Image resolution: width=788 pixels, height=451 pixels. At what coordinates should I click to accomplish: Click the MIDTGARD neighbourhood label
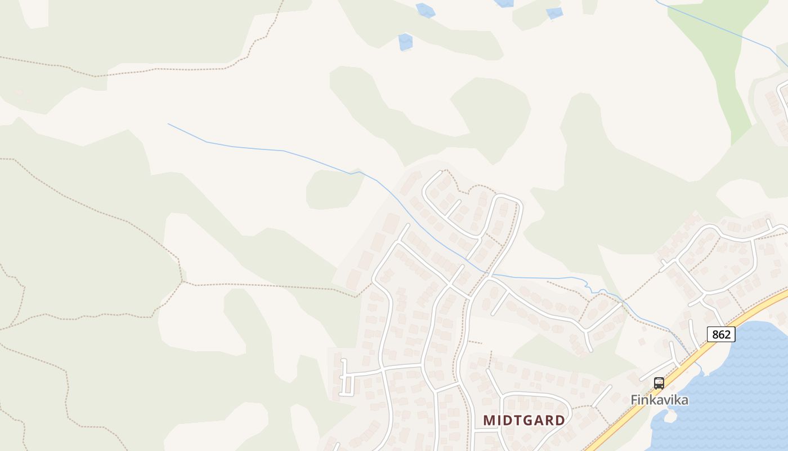coord(524,421)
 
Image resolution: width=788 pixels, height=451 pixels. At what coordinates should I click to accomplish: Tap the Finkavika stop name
coord(659,400)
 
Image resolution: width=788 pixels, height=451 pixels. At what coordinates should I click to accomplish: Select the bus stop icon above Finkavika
coord(659,383)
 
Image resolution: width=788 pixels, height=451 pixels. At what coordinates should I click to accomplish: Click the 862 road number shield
coord(721,334)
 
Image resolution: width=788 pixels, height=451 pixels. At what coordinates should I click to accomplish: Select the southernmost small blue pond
coord(405,42)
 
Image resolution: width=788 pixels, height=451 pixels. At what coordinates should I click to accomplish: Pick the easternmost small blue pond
coord(554,13)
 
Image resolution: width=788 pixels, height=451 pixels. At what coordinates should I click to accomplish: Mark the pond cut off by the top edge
coord(504,3)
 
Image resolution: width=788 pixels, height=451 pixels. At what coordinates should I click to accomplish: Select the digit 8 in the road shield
coord(715,334)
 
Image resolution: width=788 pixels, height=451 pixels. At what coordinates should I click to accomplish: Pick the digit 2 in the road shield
coord(727,334)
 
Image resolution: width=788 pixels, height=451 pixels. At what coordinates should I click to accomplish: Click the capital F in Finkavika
coord(634,400)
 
